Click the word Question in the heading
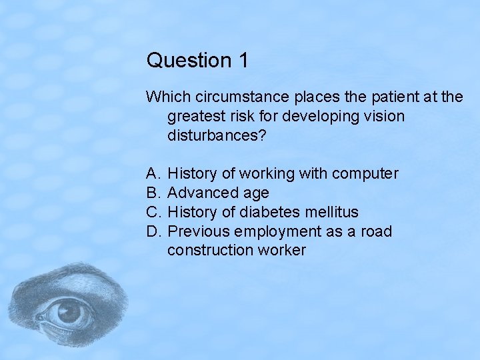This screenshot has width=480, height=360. point(186,61)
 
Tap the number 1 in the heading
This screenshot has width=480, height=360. point(243,61)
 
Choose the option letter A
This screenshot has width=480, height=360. point(153,174)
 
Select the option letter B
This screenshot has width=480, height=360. point(153,193)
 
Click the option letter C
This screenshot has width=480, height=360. point(153,213)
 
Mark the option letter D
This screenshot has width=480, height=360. point(153,232)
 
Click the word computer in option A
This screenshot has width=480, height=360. point(365,174)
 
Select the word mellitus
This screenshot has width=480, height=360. point(333,213)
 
